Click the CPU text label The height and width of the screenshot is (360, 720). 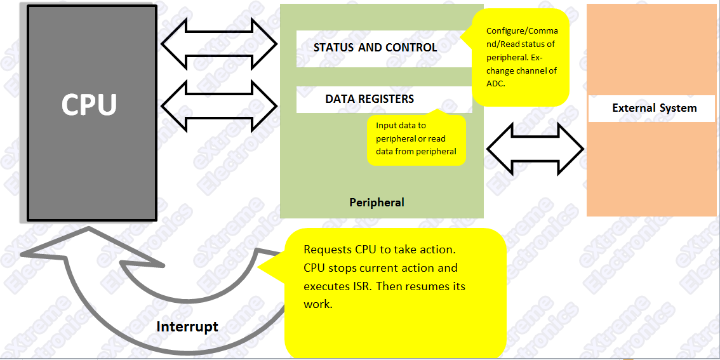89,105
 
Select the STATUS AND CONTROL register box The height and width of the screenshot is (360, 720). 381,49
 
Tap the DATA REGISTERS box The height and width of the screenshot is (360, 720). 384,100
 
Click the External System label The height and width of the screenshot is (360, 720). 655,109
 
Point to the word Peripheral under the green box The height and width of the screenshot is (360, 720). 377,202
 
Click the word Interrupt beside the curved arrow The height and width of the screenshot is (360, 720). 187,327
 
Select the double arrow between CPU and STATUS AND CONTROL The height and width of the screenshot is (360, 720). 219,44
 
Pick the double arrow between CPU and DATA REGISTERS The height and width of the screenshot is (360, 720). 219,105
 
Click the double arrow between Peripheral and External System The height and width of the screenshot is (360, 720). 535,149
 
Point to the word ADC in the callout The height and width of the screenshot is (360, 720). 496,84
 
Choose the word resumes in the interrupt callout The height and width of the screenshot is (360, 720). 427,286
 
